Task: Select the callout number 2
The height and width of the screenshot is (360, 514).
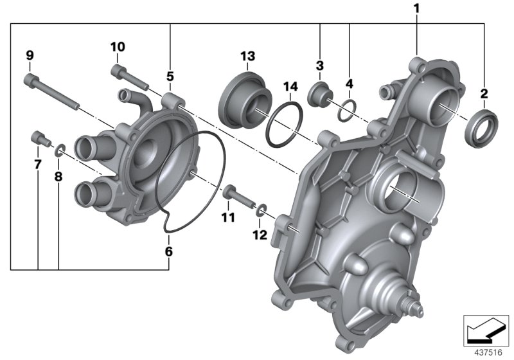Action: click(x=484, y=94)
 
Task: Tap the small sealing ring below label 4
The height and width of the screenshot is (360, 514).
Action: click(x=346, y=108)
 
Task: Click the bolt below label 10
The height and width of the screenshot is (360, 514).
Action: click(x=129, y=78)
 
